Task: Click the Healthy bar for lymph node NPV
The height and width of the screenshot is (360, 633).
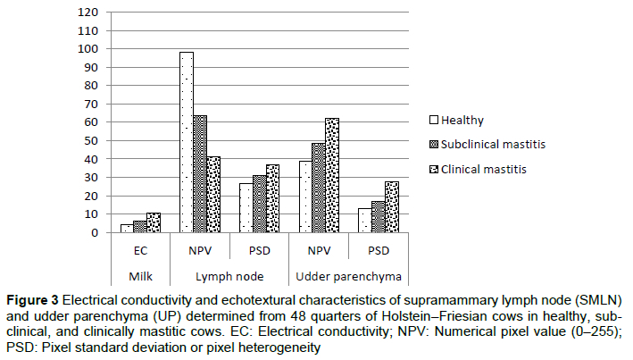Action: [x=186, y=143]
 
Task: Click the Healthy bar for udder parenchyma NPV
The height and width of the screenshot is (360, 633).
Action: [x=305, y=197]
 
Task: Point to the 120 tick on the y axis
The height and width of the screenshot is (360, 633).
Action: [x=87, y=13]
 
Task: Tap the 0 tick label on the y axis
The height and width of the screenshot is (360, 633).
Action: [x=94, y=233]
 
